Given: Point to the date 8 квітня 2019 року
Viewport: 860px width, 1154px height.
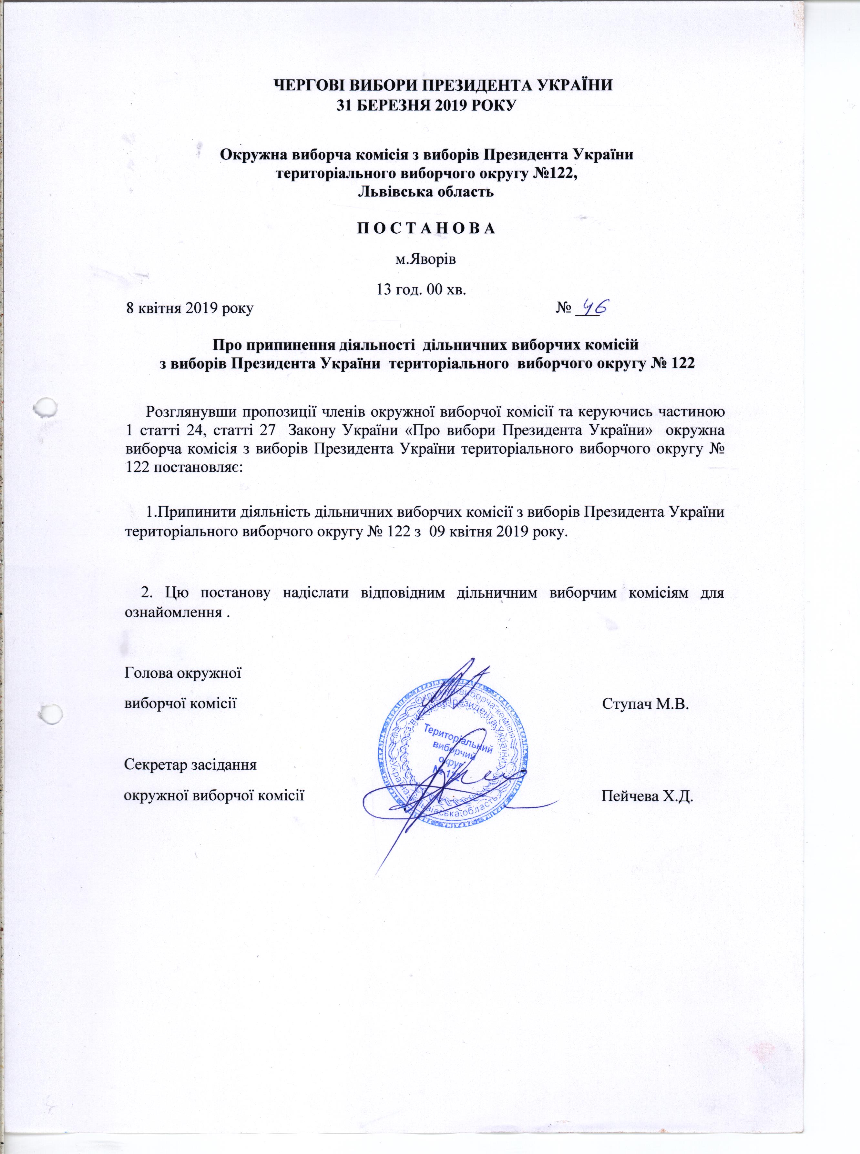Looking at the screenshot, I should point(190,309).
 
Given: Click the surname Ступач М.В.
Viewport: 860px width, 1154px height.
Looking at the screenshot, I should point(646,705).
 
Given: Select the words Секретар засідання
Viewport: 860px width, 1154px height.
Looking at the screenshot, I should point(190,766).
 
